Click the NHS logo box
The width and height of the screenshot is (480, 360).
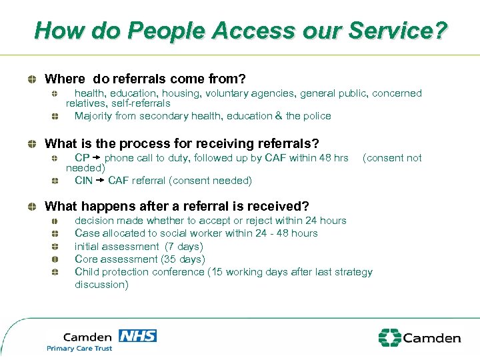tap(137, 335)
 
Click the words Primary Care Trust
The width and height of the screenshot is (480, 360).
tap(79, 349)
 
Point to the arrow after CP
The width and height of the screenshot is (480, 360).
tap(97, 158)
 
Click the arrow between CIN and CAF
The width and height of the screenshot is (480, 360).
tap(100, 180)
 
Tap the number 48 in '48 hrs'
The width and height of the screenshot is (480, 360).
tap(325, 158)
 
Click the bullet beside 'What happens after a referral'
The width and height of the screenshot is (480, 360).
tap(32, 207)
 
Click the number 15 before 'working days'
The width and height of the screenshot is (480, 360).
tap(218, 272)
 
